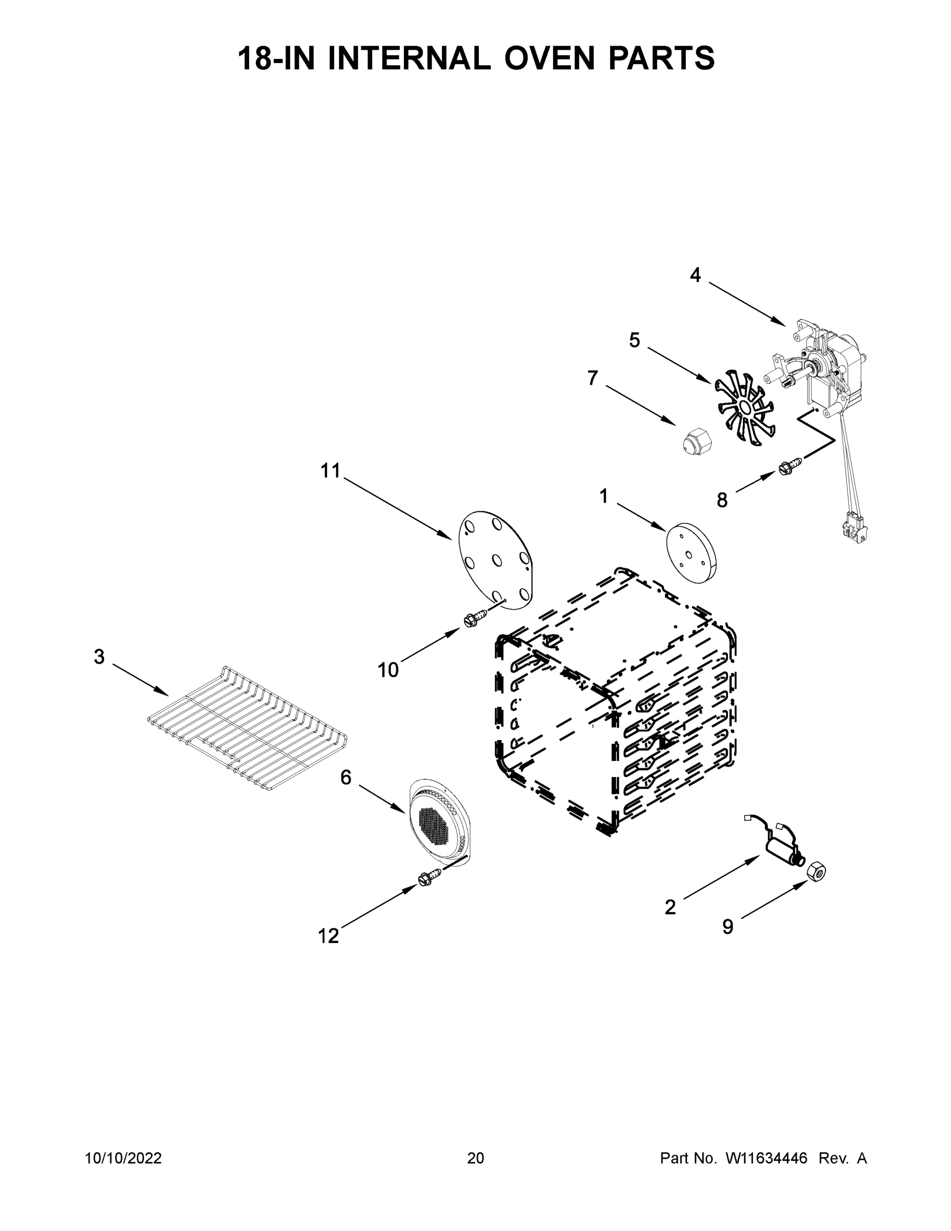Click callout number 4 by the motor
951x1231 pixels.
tap(695, 275)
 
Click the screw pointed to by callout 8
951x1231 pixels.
tap(787, 467)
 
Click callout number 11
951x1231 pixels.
tap(331, 471)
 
